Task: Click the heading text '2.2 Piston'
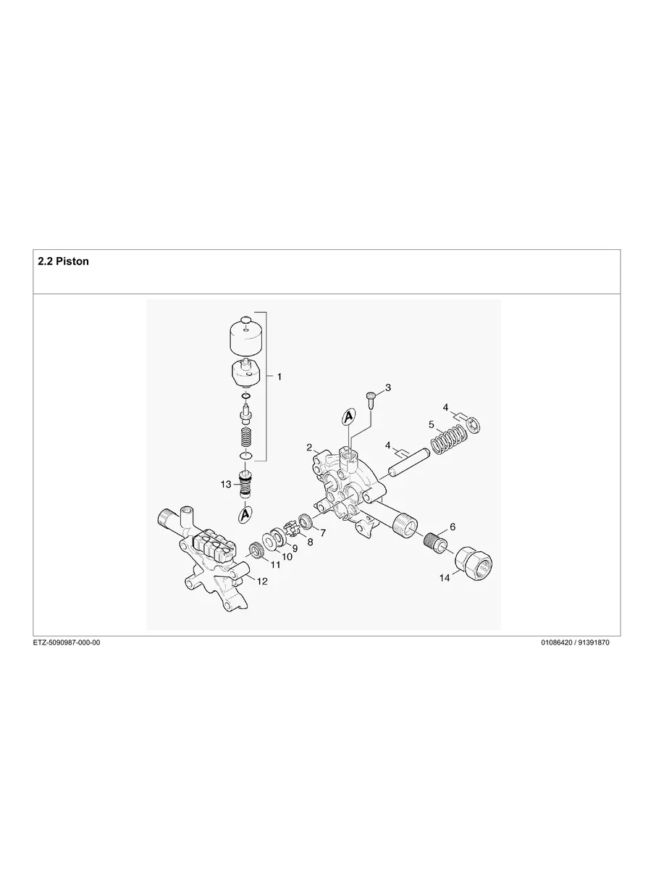tap(63, 261)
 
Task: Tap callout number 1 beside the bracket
tap(279, 377)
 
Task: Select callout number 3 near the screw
tap(388, 388)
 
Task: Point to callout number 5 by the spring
tap(431, 424)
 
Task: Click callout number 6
tap(453, 527)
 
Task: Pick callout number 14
tap(445, 578)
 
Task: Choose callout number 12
tap(262, 581)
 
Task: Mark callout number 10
tap(287, 557)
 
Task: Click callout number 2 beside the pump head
tap(309, 448)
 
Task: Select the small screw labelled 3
tap(371, 398)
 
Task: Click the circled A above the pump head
tap(348, 416)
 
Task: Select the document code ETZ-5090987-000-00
tap(67, 642)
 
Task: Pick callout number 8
tap(311, 541)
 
